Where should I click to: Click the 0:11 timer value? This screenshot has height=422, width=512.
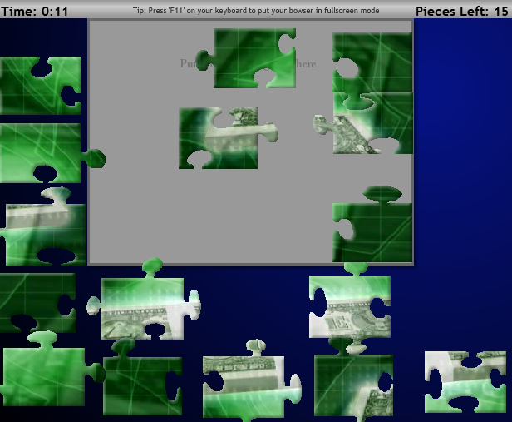pos(55,12)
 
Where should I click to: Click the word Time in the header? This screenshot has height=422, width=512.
pos(18,12)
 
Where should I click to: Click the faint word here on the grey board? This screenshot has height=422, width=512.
pos(305,64)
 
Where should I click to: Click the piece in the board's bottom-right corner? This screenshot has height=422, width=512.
pos(372,233)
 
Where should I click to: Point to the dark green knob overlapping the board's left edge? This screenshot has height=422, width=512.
pos(95,157)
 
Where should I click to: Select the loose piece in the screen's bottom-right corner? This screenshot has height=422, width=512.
pos(465,381)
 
